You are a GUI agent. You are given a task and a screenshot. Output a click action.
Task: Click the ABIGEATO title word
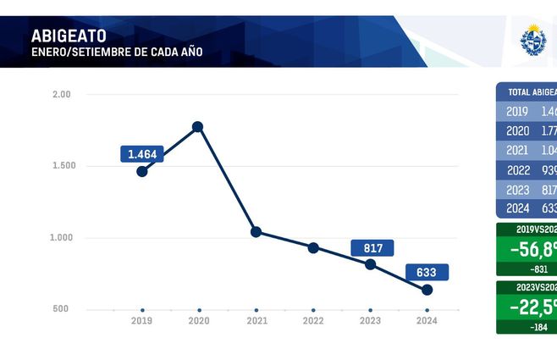[x=69, y=36]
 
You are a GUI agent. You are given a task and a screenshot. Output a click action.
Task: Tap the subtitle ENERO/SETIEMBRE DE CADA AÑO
[x=117, y=53]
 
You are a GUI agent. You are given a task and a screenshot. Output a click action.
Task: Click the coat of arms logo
[x=533, y=40]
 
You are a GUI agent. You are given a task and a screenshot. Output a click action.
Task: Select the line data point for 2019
[x=142, y=171]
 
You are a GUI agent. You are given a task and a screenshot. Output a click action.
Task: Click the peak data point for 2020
[x=198, y=127]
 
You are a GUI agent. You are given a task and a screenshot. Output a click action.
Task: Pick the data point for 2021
[x=256, y=232]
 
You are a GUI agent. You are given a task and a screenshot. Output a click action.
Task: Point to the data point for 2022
[x=313, y=248]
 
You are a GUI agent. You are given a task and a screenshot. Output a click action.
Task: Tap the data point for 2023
[x=370, y=264]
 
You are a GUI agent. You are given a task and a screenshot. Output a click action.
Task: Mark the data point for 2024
[x=427, y=290]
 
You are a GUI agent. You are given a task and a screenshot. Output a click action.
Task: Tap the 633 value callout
[x=427, y=273]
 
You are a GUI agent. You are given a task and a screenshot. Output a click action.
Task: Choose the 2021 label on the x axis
[x=256, y=322]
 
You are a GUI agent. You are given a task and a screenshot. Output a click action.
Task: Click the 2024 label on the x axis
[x=427, y=322]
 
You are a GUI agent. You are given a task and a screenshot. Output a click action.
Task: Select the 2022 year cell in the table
[x=517, y=170]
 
